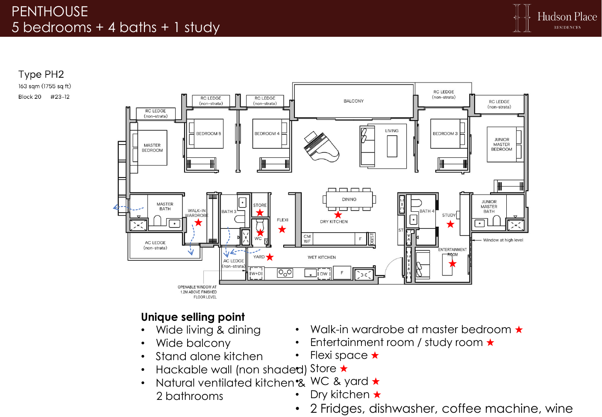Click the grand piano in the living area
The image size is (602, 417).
tap(321, 147)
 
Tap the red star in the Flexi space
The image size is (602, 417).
tap(282, 230)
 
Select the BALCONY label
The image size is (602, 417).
tap(353, 101)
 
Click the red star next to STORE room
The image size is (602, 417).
tap(260, 213)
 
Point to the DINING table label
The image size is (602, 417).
tap(349, 199)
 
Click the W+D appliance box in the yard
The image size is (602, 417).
tap(256, 273)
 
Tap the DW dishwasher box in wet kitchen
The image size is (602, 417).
tap(324, 274)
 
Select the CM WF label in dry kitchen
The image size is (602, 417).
tap(307, 239)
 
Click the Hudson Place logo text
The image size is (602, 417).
tap(567, 17)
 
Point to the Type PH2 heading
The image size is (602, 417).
tap(41, 74)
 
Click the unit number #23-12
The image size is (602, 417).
tap(60, 97)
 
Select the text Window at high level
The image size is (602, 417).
tap(503, 240)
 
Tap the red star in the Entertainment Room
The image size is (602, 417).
tap(452, 263)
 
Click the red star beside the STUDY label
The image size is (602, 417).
tap(450, 224)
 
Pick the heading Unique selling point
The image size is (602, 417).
tap(193, 317)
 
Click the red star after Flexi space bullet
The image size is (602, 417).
tap(375, 355)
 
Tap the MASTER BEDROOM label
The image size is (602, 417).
tap(152, 148)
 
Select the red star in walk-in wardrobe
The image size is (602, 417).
tap(198, 222)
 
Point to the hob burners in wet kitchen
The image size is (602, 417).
tap(285, 273)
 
